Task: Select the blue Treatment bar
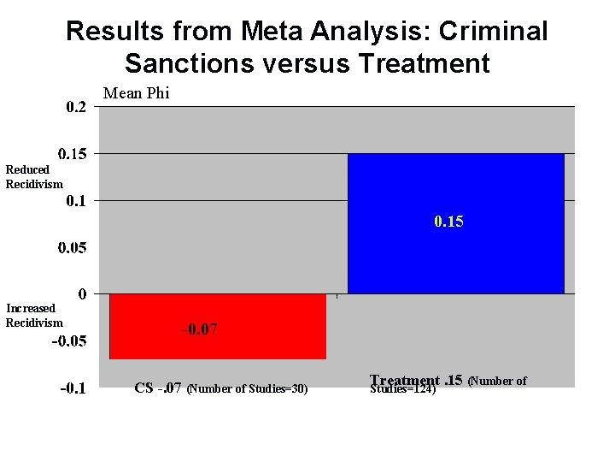click(455, 257)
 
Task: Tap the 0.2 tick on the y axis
click(76, 107)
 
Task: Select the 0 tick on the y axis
click(82, 294)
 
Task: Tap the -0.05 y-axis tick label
click(69, 341)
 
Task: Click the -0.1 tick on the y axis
click(73, 388)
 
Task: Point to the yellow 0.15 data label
click(448, 222)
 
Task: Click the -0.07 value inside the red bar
click(198, 329)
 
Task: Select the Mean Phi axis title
click(136, 93)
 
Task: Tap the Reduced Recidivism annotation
click(34, 176)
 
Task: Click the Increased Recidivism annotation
click(34, 315)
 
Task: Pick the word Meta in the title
click(270, 32)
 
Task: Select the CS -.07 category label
click(158, 388)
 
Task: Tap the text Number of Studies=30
click(247, 389)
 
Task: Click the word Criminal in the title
click(492, 32)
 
